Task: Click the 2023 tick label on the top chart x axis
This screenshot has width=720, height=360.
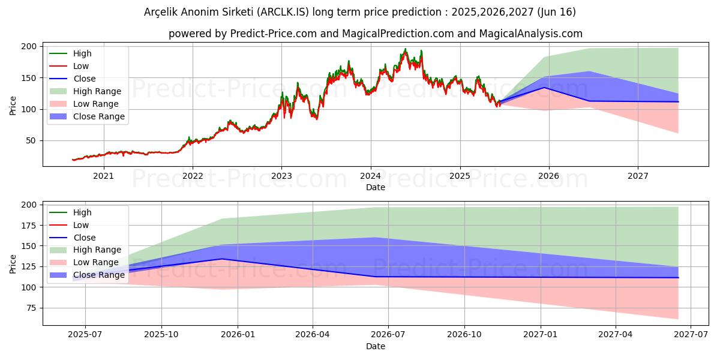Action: coord(281,176)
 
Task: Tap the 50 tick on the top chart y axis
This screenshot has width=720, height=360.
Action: coord(32,140)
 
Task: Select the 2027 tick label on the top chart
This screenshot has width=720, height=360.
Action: coord(637,176)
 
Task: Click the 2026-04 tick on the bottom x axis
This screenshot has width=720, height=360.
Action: coord(312,335)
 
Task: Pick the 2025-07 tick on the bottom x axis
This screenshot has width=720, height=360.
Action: coord(85,335)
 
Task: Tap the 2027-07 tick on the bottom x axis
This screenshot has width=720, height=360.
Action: coord(691,335)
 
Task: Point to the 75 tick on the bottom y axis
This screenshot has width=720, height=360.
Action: coord(32,308)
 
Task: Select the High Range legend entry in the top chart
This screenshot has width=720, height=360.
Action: coord(97,91)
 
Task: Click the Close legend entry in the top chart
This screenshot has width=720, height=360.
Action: coord(84,79)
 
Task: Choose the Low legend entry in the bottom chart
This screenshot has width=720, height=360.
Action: coord(81,225)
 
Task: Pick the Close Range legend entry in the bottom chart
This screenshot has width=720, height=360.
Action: coord(99,275)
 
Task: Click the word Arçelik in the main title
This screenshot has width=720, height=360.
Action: coord(163,12)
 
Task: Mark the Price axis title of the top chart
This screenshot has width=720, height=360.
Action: coord(13,104)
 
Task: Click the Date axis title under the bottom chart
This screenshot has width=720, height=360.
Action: coord(376,346)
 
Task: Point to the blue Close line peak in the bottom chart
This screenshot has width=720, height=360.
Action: coord(222,259)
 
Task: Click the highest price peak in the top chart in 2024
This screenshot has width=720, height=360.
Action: coord(405,49)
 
